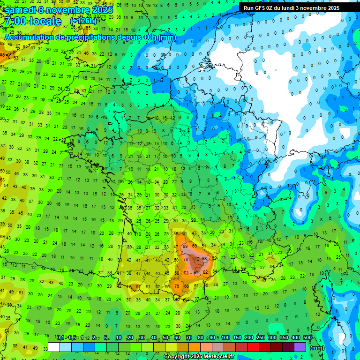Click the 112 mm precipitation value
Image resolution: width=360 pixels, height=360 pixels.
click(196, 259)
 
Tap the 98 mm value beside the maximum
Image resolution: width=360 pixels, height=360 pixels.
click(205, 259)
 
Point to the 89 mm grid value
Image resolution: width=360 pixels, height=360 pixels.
click(186, 246)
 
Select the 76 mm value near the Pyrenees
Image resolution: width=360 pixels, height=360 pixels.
click(177, 286)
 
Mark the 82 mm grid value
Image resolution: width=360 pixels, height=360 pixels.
click(205, 272)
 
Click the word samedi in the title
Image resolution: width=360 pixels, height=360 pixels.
click(22, 9)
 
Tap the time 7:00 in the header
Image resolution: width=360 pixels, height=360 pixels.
click(17, 21)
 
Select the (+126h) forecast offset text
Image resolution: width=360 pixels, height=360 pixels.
click(83, 22)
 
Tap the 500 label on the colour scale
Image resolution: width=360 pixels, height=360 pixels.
click(307, 338)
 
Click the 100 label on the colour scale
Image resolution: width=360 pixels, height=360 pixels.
click(225, 338)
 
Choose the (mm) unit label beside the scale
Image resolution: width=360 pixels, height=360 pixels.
click(317, 348)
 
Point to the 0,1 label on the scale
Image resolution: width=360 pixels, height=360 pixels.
click(60, 338)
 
